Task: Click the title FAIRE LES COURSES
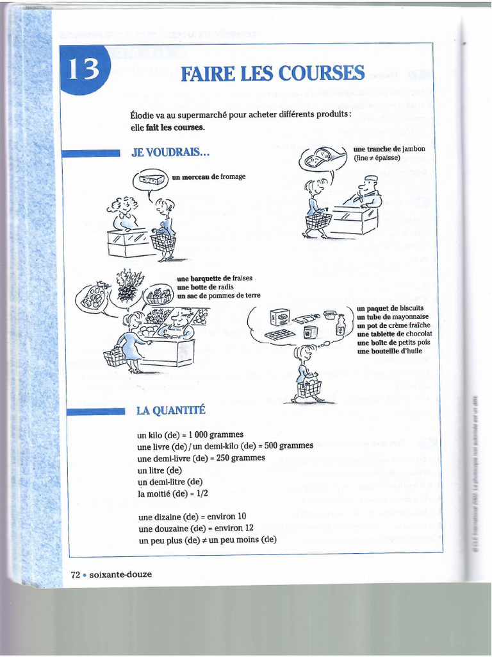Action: coord(273,74)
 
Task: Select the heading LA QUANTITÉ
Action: coord(171,410)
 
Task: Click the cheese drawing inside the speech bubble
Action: coord(151,180)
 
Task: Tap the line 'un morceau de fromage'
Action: coord(208,176)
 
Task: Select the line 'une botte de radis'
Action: coord(205,287)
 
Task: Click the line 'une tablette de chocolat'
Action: coord(394,334)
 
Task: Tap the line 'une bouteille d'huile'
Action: coord(389,351)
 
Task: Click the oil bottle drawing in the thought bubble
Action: coord(341,325)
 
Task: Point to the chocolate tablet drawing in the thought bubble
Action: coord(280,335)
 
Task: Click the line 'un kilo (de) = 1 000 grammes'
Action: coord(190,434)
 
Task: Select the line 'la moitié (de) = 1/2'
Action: coord(173,493)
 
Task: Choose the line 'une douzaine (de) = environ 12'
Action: coord(195,528)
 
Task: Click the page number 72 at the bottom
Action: coord(75,574)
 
